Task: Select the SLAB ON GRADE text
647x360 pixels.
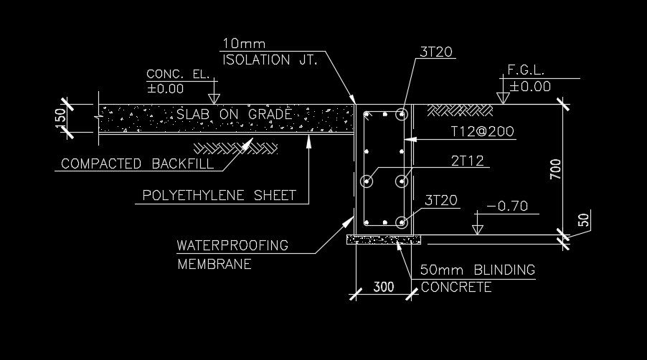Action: click(x=235, y=114)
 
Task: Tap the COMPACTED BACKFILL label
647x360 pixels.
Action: click(x=136, y=164)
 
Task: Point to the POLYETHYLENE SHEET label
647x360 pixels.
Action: click(x=219, y=195)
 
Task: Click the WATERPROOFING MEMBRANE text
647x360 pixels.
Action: click(x=232, y=254)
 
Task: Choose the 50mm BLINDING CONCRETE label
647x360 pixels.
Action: click(x=477, y=278)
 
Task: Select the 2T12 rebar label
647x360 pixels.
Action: click(x=467, y=161)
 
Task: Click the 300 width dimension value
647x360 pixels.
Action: click(x=384, y=287)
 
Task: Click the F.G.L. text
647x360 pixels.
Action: click(x=526, y=71)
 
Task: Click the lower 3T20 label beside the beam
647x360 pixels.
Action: click(x=442, y=200)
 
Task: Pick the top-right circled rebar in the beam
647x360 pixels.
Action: click(x=401, y=113)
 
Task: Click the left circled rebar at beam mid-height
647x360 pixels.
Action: click(x=368, y=181)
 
